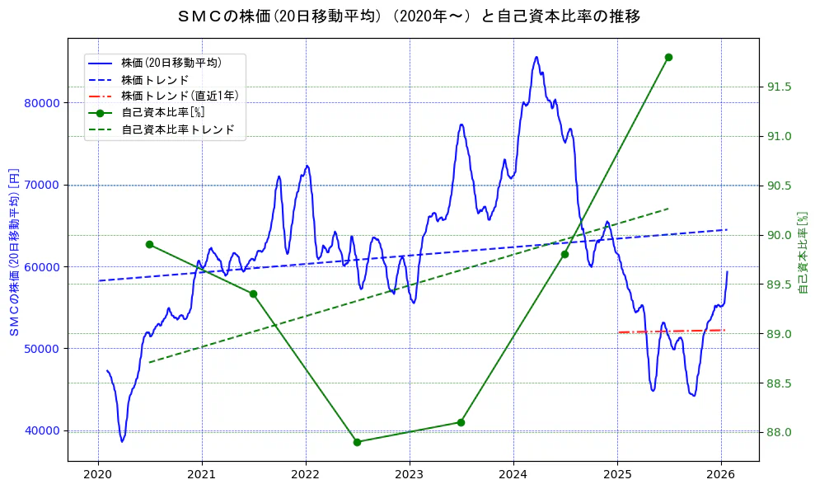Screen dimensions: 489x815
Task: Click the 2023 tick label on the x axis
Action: coord(410,474)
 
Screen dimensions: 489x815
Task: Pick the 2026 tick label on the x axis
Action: coord(721,474)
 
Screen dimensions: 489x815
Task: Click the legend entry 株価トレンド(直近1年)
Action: coord(180,96)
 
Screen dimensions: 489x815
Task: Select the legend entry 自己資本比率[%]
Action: coord(162,112)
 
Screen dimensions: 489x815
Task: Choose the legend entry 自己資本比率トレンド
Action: coord(178,129)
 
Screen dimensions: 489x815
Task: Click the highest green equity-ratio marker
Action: coord(668,57)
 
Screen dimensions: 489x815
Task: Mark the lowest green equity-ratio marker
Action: coord(357,442)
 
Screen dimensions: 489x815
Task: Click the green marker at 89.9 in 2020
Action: coord(149,244)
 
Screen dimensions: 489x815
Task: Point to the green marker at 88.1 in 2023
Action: coord(461,422)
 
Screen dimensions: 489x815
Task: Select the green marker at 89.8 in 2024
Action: coord(564,254)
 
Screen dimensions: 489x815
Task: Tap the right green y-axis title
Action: coord(803,252)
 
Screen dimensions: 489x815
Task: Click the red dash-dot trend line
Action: coord(671,331)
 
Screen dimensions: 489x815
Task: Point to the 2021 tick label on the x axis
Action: coord(202,474)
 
